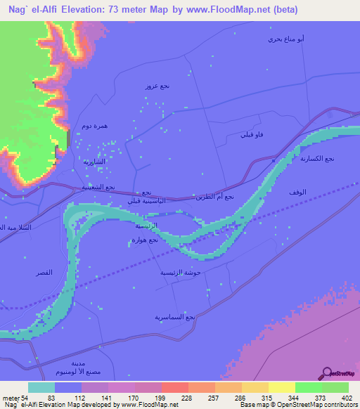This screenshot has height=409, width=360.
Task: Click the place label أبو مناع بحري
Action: tap(285, 39)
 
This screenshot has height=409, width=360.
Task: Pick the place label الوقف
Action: tap(297, 191)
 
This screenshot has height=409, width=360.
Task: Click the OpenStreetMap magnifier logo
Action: tap(328, 373)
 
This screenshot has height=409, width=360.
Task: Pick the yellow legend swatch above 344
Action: tap(282, 387)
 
